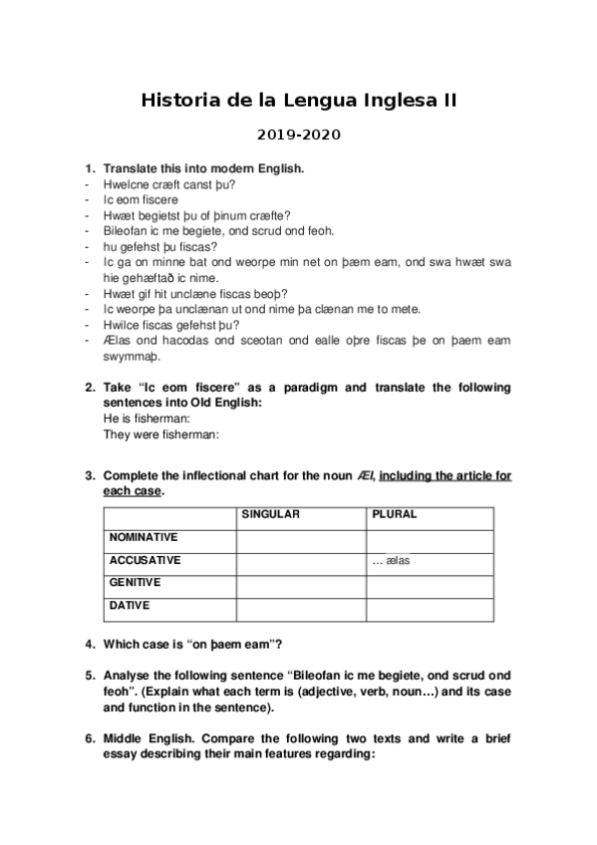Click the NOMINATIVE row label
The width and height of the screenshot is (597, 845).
pyautogui.click(x=144, y=537)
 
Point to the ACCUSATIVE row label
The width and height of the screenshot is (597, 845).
pyautogui.click(x=146, y=560)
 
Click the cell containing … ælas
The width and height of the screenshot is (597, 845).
pyautogui.click(x=391, y=561)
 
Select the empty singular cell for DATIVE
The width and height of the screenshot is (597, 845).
pyautogui.click(x=300, y=609)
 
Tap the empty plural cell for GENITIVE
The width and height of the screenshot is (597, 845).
pyautogui.click(x=430, y=586)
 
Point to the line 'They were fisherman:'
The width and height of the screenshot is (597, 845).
pyautogui.click(x=160, y=434)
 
